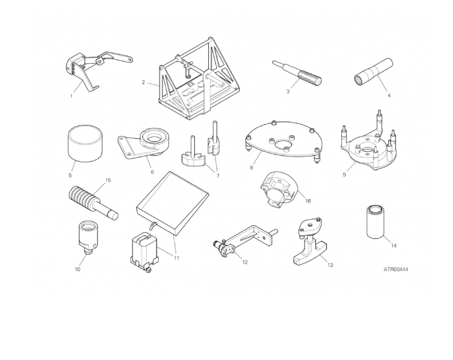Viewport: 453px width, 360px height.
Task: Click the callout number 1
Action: [71, 96]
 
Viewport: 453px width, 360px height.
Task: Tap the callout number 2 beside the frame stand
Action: [143, 83]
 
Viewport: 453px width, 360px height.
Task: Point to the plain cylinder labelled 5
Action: [85, 143]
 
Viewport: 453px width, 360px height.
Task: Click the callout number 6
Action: [153, 172]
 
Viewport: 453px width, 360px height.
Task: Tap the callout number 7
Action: [217, 175]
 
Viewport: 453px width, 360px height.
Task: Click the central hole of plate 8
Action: [284, 144]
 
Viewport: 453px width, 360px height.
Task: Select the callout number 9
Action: [344, 175]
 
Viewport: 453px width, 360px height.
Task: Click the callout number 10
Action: [77, 269]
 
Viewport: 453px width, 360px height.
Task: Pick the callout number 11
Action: [176, 258]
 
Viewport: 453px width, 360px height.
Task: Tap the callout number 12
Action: [245, 262]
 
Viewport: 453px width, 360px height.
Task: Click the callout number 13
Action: [330, 265]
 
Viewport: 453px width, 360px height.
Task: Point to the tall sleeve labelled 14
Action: [376, 222]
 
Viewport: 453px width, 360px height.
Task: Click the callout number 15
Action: [108, 181]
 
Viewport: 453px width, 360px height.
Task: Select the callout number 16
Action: [308, 201]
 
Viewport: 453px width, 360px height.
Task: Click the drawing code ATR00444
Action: [396, 269]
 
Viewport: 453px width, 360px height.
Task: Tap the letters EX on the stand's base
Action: [190, 85]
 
